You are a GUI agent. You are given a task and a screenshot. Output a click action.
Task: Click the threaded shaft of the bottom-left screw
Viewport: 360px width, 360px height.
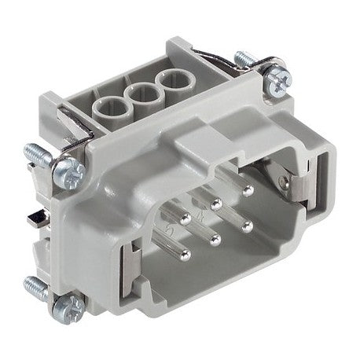35,283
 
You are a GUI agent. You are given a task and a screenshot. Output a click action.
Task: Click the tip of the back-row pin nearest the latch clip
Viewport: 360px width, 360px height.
248,190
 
